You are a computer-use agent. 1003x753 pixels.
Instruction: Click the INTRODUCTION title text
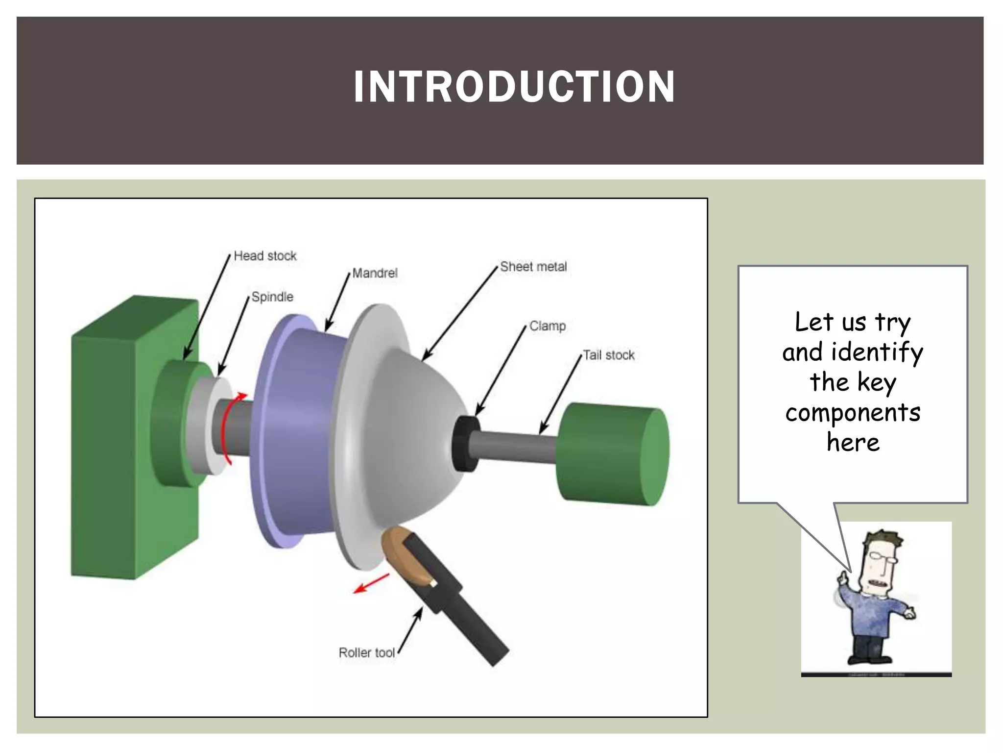pyautogui.click(x=514, y=87)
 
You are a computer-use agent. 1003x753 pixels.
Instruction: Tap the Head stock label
pyautogui.click(x=265, y=256)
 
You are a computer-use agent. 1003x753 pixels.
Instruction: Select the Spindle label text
pyautogui.click(x=272, y=297)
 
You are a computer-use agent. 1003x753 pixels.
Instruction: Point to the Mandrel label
pyautogui.click(x=375, y=273)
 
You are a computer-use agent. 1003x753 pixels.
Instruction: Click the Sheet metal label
pyautogui.click(x=533, y=267)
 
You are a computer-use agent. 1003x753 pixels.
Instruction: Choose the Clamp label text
pyautogui.click(x=547, y=326)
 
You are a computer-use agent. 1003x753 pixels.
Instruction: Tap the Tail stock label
pyautogui.click(x=609, y=355)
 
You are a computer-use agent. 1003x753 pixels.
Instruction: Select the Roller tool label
pyautogui.click(x=366, y=653)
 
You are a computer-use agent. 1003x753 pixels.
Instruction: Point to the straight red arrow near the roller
pyautogui.click(x=371, y=583)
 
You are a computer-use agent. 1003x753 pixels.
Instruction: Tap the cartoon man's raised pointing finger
pyautogui.click(x=843, y=577)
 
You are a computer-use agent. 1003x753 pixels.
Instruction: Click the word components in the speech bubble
pyautogui.click(x=853, y=413)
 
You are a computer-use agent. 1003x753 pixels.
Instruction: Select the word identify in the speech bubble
pyautogui.click(x=877, y=352)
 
